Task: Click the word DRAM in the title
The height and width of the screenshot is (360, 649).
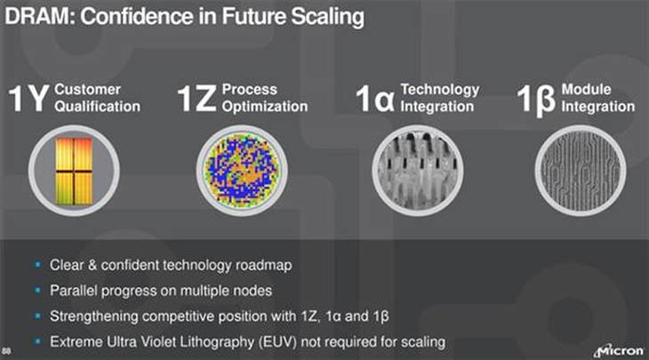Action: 40,17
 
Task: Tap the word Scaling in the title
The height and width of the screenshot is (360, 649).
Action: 327,18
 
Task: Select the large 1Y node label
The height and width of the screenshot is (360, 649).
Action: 28,98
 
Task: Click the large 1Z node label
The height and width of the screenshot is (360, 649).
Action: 196,98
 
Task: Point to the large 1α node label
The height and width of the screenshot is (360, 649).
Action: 375,98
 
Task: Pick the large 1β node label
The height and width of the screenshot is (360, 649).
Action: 536,100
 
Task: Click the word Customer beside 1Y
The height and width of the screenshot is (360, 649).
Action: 87,90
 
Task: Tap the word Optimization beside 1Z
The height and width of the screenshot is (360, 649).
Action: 265,107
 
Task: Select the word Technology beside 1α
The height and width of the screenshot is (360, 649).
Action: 440,90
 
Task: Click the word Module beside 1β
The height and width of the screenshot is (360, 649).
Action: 586,89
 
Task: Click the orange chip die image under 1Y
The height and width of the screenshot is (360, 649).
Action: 74,171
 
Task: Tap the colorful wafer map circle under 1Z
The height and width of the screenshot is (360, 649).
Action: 242,171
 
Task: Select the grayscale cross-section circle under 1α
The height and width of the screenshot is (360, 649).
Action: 417,171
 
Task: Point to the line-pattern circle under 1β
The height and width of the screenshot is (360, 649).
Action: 581,171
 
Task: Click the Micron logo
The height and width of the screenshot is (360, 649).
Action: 619,350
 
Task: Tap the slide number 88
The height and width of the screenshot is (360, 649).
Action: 6,352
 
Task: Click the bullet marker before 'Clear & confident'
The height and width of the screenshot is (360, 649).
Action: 38,264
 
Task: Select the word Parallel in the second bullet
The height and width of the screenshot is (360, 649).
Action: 74,291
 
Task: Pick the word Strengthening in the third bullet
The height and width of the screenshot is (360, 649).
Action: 94,316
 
